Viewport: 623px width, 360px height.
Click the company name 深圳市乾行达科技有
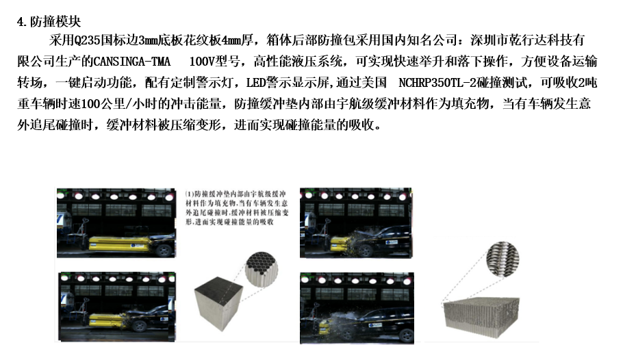point(527,40)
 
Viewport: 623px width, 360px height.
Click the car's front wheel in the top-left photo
point(164,250)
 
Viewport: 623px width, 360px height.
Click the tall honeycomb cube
point(218,308)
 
